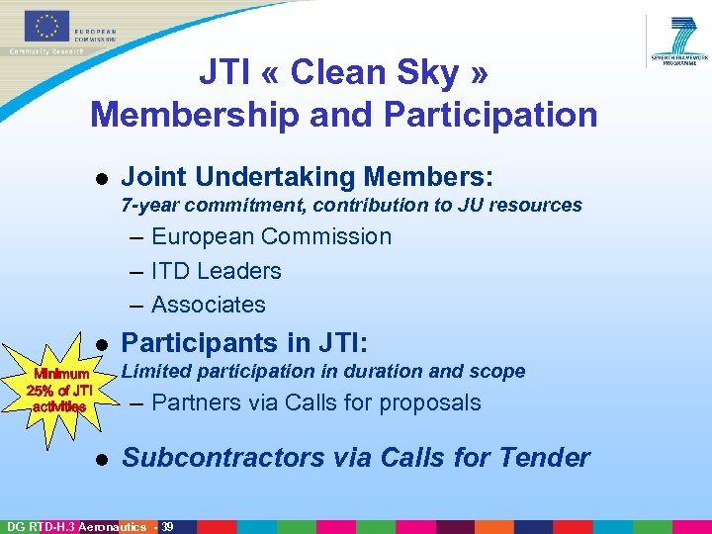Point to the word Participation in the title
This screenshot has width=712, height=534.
[490, 115]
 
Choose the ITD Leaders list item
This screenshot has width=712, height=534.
[216, 271]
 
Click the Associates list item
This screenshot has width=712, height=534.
[208, 305]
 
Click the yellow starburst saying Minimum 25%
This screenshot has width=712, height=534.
[63, 389]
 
